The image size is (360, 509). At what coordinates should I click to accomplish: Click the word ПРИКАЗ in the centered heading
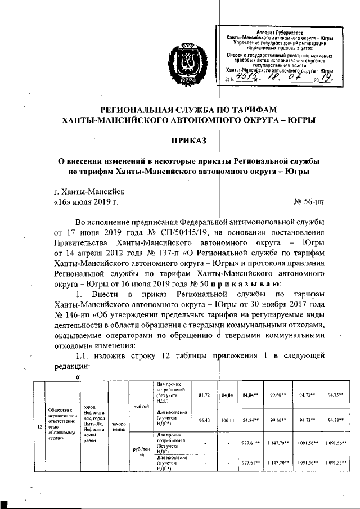[189, 139]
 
